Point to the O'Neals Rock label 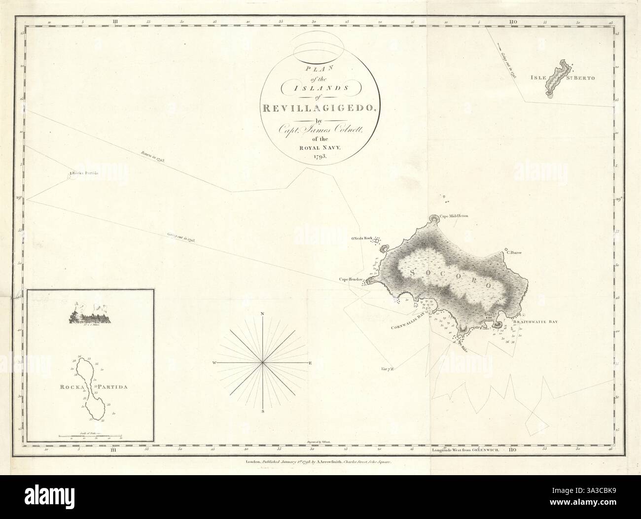tap(363, 239)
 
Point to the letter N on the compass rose tap(263, 314)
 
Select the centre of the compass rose tap(263, 363)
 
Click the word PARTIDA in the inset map tap(112, 387)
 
